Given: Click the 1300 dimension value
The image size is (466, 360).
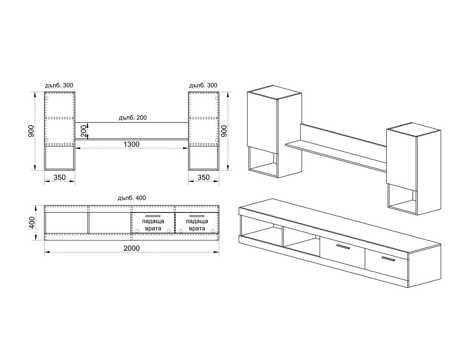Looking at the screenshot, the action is click(x=131, y=144).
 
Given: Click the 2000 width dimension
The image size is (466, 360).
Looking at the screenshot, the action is click(x=132, y=248).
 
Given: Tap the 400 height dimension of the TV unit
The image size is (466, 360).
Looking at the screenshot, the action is click(x=32, y=223).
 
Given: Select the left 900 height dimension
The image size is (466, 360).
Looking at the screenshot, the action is click(x=31, y=131).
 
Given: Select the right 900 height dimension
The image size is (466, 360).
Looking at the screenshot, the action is click(x=224, y=131).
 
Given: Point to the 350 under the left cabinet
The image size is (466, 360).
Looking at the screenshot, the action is click(x=59, y=177).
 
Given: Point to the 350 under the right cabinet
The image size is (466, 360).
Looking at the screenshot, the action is click(x=203, y=177).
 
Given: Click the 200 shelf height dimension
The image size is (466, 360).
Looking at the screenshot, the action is click(x=83, y=131).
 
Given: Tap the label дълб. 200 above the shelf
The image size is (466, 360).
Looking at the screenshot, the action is click(x=132, y=118).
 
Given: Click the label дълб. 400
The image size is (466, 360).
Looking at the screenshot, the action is click(x=132, y=198).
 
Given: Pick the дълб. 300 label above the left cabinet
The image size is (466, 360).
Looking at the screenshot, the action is click(x=59, y=85).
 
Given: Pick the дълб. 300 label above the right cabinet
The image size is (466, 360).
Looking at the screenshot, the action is click(x=203, y=85).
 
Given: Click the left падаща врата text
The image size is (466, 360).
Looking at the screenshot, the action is click(x=153, y=224).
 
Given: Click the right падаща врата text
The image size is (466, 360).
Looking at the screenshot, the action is click(x=197, y=224).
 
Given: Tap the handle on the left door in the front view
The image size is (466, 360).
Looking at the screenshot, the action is click(x=153, y=216).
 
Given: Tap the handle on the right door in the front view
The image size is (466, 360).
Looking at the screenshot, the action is click(x=197, y=216).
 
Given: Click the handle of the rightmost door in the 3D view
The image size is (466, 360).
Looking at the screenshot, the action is click(x=388, y=259).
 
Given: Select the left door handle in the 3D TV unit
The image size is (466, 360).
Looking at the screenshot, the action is click(x=343, y=247).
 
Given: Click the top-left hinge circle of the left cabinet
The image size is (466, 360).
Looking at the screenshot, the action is click(x=47, y=98).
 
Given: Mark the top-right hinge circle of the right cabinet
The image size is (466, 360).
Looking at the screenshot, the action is click(x=217, y=98).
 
